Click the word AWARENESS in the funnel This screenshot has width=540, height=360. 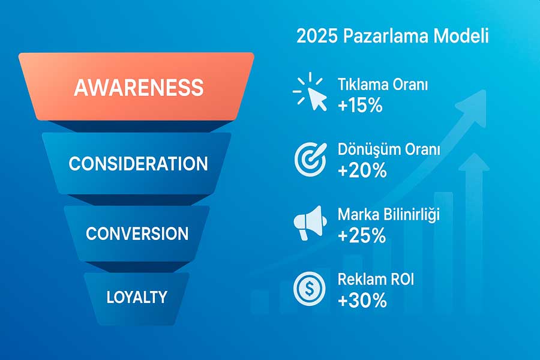click(138, 88)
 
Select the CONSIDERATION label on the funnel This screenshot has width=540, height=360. click(138, 163)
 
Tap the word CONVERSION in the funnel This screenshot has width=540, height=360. click(137, 233)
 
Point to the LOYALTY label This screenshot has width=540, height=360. click(137, 296)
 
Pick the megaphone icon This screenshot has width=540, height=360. click(310, 224)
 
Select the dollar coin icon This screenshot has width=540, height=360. click(309, 289)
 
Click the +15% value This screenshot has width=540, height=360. click(359, 106)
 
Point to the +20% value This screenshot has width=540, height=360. click(362, 170)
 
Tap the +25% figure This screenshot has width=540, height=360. click(362, 236)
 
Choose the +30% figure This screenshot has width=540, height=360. click(362, 300)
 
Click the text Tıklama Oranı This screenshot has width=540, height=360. click(383, 85)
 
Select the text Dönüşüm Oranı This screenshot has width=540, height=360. click(388, 150)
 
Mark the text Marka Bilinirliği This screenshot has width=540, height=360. click(388, 215)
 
